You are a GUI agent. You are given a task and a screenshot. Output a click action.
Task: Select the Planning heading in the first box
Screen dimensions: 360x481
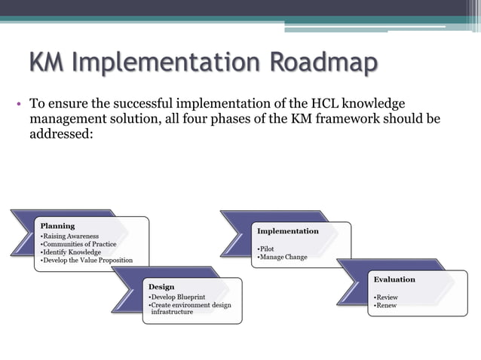(x=57, y=225)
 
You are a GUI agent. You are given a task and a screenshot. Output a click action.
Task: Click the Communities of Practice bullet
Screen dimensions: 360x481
(x=78, y=245)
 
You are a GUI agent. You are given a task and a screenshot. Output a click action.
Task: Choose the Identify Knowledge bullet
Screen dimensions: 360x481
(x=71, y=252)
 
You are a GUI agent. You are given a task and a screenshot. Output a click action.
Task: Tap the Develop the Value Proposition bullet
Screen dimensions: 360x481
(x=87, y=261)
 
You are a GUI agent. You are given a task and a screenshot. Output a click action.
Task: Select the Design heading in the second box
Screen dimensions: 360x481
(x=161, y=287)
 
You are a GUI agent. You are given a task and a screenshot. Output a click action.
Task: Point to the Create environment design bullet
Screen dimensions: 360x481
(x=191, y=305)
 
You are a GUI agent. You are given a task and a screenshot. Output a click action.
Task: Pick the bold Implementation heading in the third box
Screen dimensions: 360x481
(x=288, y=231)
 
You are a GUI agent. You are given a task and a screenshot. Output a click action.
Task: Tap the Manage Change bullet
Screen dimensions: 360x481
(x=282, y=258)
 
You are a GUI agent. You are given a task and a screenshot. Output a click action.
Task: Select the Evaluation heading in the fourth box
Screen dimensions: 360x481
(x=394, y=279)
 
